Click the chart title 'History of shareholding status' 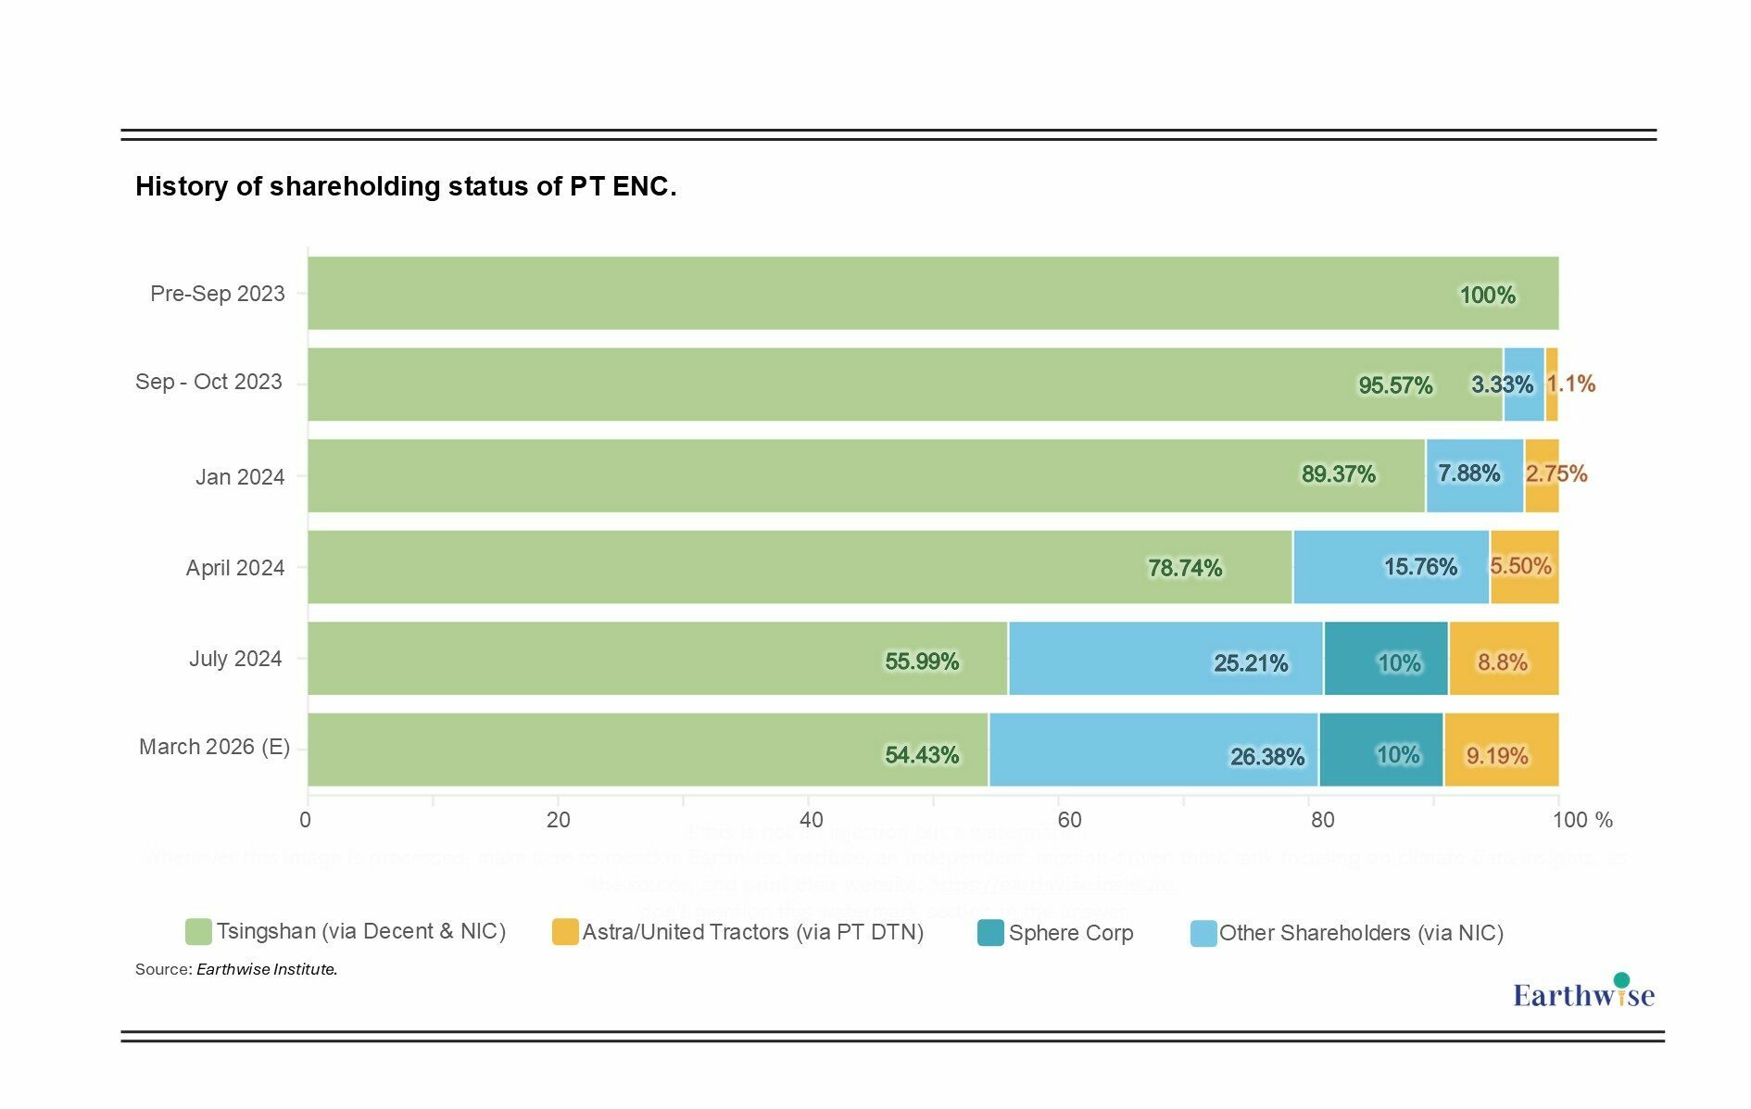point(406,186)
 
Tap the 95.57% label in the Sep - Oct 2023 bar point(1395,385)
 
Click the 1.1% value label point(1571,384)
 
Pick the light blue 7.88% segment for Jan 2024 point(1474,475)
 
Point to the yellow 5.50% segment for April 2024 point(1524,567)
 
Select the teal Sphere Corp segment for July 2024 point(1386,659)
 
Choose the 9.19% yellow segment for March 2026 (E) point(1501,750)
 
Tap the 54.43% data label point(922,755)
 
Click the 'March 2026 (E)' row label point(215,747)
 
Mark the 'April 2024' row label point(235,568)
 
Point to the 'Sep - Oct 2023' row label point(209,382)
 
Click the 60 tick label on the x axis point(1068,820)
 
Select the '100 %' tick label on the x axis point(1582,820)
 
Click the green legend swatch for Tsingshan point(198,932)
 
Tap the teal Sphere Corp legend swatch point(990,933)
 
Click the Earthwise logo point(1583,992)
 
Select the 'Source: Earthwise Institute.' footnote point(236,969)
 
